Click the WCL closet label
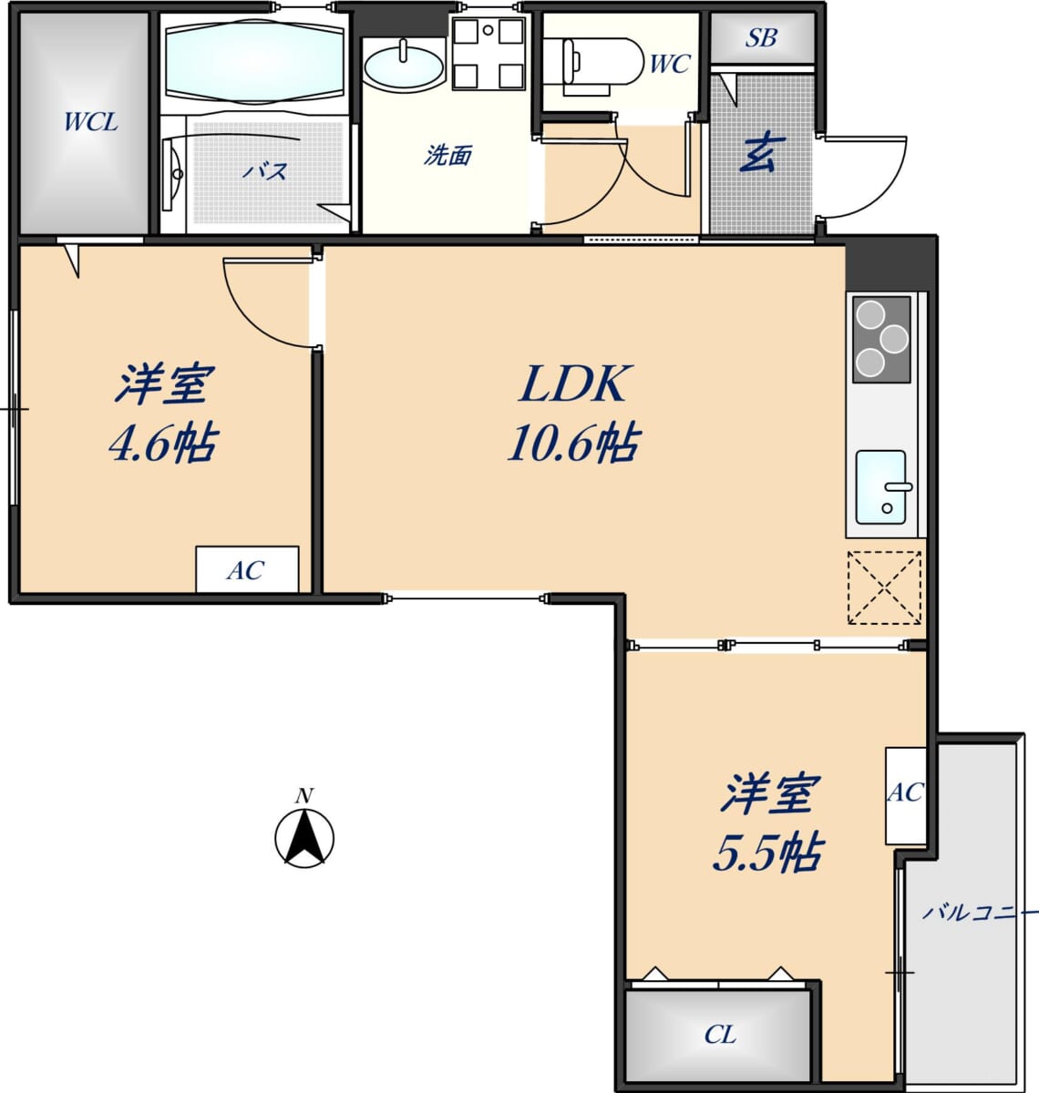tap(91, 122)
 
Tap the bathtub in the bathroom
tap(254, 62)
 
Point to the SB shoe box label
tap(761, 38)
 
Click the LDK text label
tap(574, 383)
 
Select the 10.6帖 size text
tap(574, 443)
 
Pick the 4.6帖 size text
tap(163, 443)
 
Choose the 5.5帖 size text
tap(768, 853)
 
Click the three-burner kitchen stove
tap(882, 339)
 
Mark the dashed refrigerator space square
tap(884, 587)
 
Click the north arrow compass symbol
tap(304, 832)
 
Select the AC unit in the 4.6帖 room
tap(246, 569)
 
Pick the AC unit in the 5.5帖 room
tap(906, 796)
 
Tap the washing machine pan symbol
tap(489, 54)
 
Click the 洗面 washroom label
tap(448, 156)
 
